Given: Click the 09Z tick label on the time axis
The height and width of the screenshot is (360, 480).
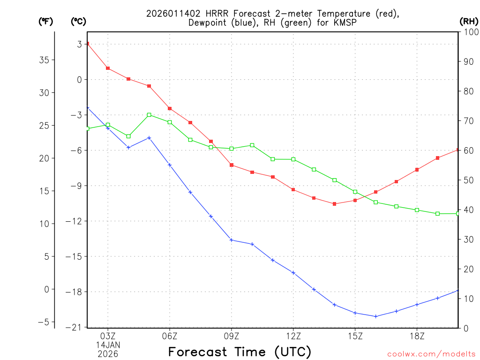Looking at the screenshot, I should (231, 336).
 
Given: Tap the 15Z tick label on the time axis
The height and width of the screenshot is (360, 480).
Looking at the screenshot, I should (355, 336).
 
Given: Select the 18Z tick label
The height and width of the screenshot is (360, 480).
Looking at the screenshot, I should (417, 336).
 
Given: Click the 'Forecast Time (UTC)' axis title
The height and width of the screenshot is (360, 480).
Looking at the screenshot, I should (240, 352).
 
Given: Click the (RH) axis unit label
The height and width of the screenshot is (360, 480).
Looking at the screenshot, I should (468, 21).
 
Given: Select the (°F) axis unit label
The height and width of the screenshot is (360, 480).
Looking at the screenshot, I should (46, 21).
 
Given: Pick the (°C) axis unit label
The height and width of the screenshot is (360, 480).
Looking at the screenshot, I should (78, 21).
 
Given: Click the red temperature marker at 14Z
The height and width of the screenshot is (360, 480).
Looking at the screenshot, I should (334, 204).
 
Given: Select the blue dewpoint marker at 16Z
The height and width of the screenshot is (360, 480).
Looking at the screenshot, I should (375, 316).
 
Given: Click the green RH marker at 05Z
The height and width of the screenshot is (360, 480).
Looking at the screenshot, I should (149, 115).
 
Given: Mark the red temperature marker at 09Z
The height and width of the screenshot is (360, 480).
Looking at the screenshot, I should (232, 165).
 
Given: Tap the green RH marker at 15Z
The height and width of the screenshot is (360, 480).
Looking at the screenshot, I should (355, 192).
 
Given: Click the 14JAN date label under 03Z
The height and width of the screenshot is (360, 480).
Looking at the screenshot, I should (108, 345).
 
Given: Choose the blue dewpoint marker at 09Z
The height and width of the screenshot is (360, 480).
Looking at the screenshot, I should (231, 240).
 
